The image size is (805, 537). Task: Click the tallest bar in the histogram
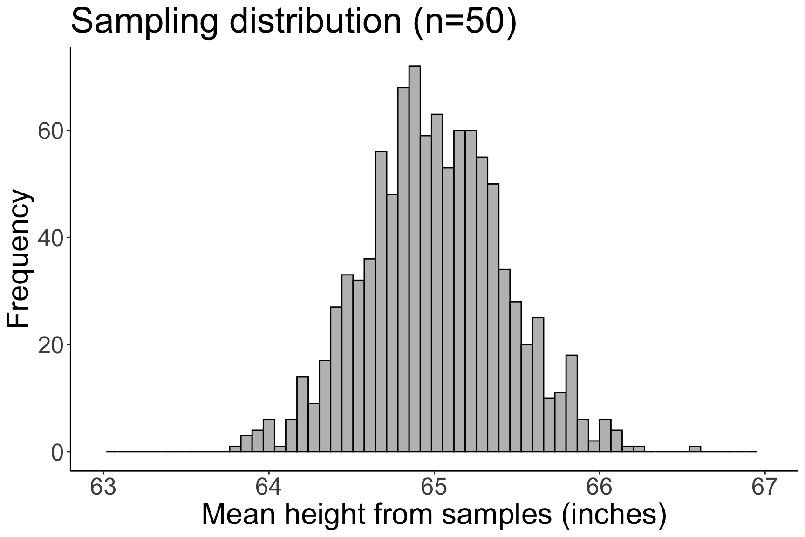coord(415,259)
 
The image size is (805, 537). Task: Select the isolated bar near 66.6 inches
coord(695,449)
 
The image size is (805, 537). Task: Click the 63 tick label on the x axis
coord(103,488)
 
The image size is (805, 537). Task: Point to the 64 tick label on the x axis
coord(269,488)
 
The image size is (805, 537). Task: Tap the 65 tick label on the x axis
coord(434,488)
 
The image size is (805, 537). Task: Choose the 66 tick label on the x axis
coord(600,488)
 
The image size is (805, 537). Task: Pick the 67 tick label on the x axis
coord(764,488)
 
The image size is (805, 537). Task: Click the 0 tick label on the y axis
coord(57,452)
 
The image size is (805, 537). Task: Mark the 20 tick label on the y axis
coord(50,345)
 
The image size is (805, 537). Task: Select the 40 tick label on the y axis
coord(50,238)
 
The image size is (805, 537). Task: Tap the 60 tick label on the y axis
coord(50,131)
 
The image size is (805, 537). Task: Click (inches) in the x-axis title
coord(614,516)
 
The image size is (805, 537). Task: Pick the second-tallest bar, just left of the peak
coord(403,269)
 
